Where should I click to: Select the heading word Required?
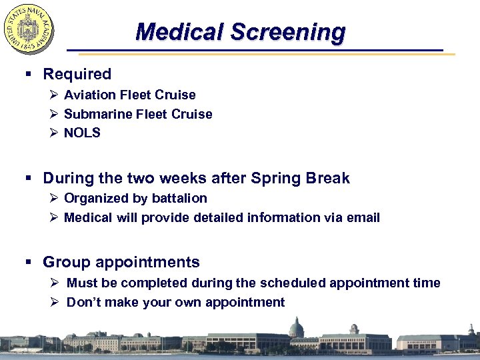coord(77,74)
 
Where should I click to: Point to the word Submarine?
coord(98,114)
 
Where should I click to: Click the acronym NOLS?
coord(82,133)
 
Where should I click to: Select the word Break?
coord(327,178)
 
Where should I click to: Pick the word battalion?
coord(180,198)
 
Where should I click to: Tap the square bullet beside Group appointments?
coord(31,263)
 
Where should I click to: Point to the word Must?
coord(82,283)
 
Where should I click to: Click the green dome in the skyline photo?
coord(296,328)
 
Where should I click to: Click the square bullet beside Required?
coord(31,75)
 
